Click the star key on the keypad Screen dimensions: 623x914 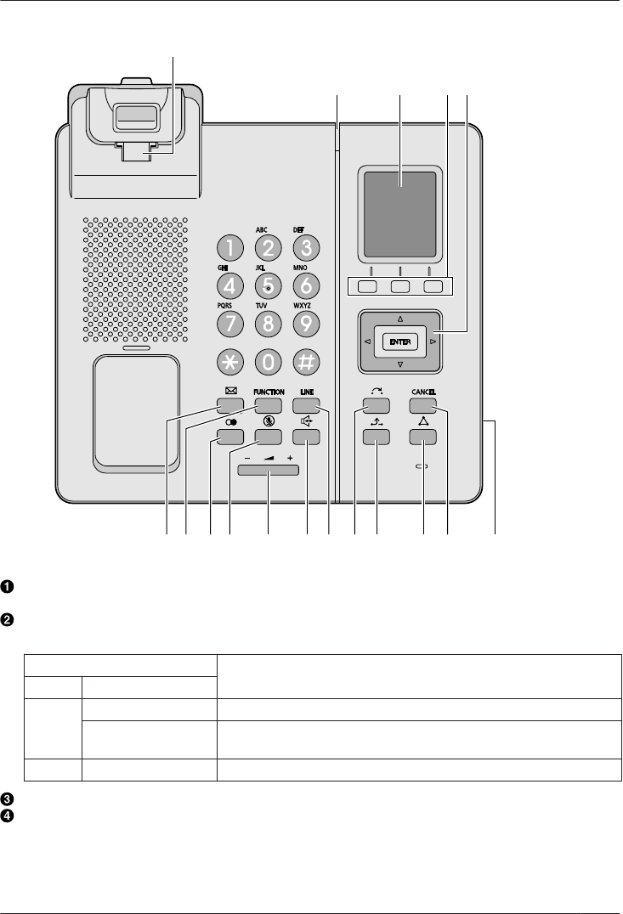click(x=230, y=361)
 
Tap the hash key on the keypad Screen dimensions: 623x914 click(x=306, y=361)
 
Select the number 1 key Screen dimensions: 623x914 click(x=230, y=247)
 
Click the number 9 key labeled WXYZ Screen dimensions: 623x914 click(x=306, y=323)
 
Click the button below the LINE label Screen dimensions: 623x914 click(x=306, y=403)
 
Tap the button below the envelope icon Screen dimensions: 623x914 click(x=230, y=403)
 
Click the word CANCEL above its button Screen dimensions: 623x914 click(x=423, y=392)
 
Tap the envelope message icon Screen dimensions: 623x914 click(x=230, y=392)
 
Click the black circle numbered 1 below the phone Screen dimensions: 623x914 click(x=6, y=587)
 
